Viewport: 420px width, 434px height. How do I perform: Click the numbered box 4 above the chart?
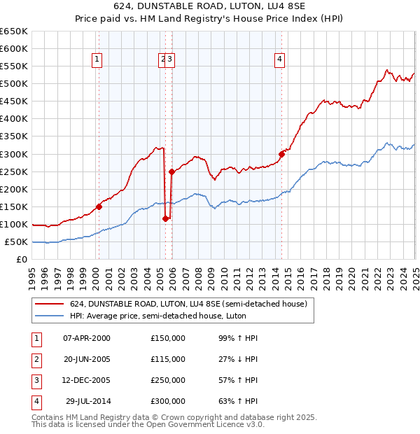279,59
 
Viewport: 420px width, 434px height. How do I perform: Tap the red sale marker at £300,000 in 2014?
281,154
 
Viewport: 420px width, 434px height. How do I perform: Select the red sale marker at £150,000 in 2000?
99,206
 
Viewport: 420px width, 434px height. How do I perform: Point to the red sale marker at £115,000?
166,218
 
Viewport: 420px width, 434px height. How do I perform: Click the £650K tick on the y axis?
14,31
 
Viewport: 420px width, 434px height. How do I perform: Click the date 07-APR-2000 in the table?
87,338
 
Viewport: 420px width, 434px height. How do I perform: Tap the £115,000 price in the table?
168,359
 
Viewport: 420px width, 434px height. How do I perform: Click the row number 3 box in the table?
35,380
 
